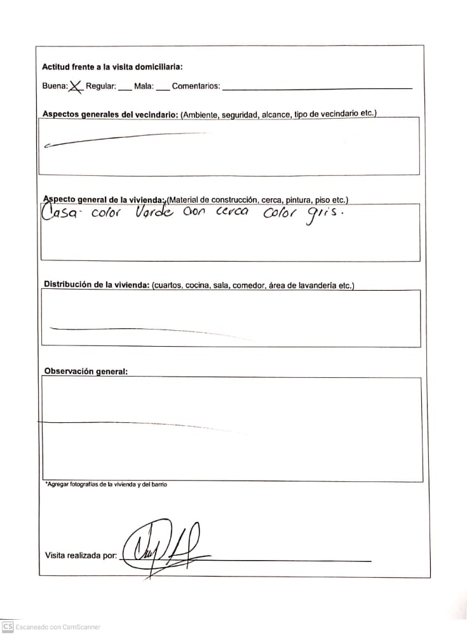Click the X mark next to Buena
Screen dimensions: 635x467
76,86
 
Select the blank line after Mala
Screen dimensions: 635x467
163,88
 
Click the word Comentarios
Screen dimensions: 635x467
196,86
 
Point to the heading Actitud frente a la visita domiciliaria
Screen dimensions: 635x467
112,67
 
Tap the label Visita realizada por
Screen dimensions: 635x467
81,556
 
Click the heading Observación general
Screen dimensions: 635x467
86,371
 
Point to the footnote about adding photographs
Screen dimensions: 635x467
107,485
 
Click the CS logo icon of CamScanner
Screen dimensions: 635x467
8,626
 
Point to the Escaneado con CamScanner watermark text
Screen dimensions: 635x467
58,627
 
